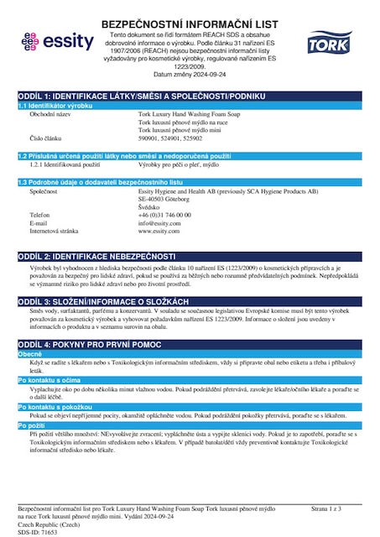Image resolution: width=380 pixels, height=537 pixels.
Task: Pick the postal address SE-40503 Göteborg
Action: click(x=168, y=199)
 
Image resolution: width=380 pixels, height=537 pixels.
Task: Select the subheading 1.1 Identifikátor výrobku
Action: click(x=55, y=106)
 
